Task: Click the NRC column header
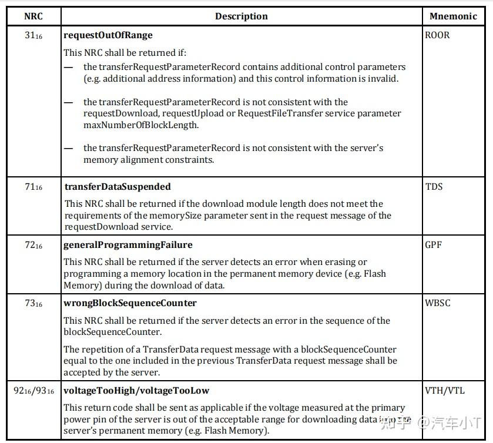pyautogui.click(x=33, y=16)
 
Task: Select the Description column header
pyautogui.click(x=241, y=16)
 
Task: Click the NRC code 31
pyautogui.click(x=33, y=36)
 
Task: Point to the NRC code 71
pyautogui.click(x=33, y=187)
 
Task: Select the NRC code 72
pyautogui.click(x=33, y=246)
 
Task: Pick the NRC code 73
pyautogui.click(x=33, y=304)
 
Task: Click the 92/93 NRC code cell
pyautogui.click(x=33, y=391)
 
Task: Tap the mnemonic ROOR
pyautogui.click(x=437, y=35)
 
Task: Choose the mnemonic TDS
pyautogui.click(x=434, y=187)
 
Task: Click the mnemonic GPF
pyautogui.click(x=434, y=245)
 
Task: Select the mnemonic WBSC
pyautogui.click(x=438, y=303)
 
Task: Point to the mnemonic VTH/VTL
pyautogui.click(x=444, y=391)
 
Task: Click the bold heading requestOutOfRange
pyautogui.click(x=108, y=35)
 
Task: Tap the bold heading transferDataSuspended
pyautogui.click(x=118, y=187)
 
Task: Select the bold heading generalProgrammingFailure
pyautogui.click(x=128, y=245)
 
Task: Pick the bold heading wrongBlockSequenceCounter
pyautogui.click(x=130, y=303)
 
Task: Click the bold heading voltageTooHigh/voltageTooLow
pyautogui.click(x=136, y=391)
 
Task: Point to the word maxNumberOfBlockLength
pyautogui.click(x=133, y=125)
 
